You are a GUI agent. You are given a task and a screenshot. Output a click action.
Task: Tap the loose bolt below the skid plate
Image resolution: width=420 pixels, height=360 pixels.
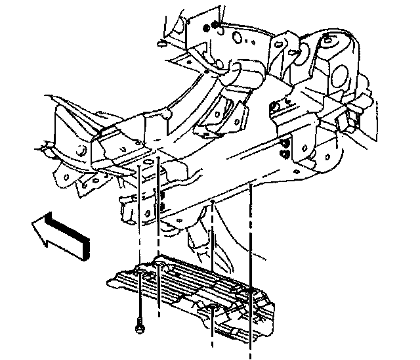point(140,324)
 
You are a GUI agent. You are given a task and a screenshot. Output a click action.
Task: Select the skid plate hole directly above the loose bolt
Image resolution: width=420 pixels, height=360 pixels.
point(140,271)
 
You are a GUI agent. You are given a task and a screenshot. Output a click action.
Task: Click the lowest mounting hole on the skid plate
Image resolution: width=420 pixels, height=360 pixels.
point(213,308)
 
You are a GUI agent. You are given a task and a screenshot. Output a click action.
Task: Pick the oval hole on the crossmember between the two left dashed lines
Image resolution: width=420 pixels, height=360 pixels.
point(148,161)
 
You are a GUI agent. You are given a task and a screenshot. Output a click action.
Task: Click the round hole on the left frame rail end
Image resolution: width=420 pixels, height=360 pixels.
point(82,153)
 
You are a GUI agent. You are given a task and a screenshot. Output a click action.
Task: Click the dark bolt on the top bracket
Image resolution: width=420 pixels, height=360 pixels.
point(208,27)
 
